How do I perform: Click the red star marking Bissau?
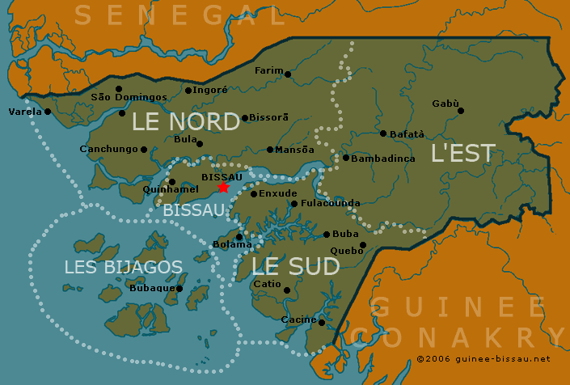[223, 188]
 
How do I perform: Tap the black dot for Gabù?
[461, 111]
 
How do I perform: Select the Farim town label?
[269, 71]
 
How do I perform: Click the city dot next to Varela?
[48, 112]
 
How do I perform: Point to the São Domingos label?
[129, 97]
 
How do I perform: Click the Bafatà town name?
[407, 133]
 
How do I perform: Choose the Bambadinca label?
[384, 159]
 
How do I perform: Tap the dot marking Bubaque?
[179, 289]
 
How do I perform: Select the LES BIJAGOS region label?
[123, 267]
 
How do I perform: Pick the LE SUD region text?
[295, 266]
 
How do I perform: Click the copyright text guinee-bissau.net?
[483, 358]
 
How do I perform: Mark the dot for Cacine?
[322, 323]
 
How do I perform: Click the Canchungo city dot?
[144, 149]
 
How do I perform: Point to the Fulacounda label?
[330, 203]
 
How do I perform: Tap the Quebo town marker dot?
[363, 245]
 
